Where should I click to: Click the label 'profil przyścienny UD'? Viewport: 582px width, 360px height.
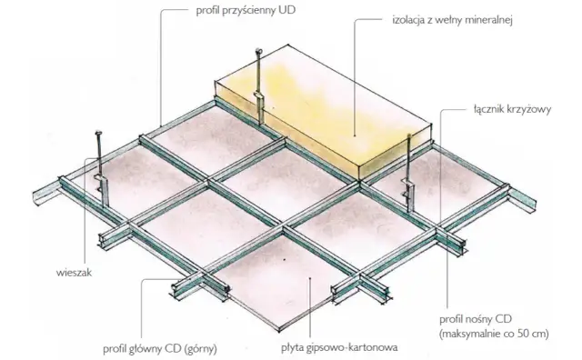tap(246, 11)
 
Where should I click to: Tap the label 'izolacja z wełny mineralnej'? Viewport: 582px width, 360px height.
tap(453, 20)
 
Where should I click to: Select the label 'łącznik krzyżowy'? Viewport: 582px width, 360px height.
tap(512, 109)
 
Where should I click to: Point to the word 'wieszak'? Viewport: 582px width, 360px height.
tap(74, 273)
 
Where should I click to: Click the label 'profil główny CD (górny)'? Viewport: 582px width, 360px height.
tap(160, 349)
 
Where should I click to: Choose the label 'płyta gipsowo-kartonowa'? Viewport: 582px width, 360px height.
tap(339, 348)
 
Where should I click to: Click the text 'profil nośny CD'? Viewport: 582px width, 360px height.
tap(476, 319)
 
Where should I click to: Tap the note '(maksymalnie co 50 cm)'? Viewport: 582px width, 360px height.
tap(494, 334)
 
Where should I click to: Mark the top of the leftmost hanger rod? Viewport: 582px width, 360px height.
tap(98, 133)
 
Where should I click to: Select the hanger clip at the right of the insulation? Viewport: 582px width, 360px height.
tap(408, 191)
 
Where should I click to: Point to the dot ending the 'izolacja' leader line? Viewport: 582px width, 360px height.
tap(355, 136)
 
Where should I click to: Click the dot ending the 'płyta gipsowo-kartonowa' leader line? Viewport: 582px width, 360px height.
tap(310, 277)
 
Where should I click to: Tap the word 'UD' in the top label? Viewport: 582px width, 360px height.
tap(287, 10)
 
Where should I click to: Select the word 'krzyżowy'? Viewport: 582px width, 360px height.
tap(531, 109)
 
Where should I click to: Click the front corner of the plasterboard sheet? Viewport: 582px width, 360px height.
tap(279, 331)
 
